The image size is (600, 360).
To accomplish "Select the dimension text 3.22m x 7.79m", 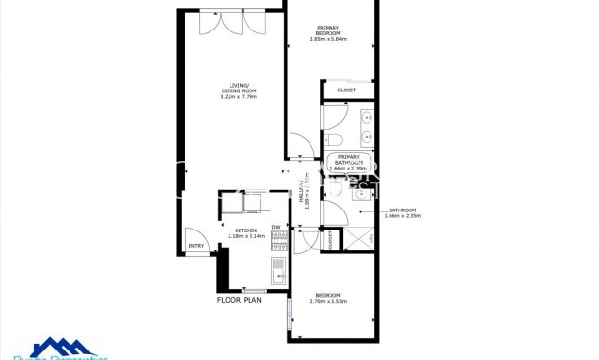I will [x=239, y=97].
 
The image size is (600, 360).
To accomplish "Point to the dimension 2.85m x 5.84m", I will [x=328, y=39].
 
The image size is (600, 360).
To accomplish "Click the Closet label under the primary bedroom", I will [x=347, y=90].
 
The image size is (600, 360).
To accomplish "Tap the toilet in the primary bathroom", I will [x=334, y=140].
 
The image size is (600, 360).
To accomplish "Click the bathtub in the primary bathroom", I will [x=349, y=163].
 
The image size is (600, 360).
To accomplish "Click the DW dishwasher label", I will [x=275, y=227].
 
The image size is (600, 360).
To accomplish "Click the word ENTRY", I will [x=196, y=247].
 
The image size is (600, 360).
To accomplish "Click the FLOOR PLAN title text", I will [x=239, y=300].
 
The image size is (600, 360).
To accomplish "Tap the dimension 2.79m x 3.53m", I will [x=328, y=302].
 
